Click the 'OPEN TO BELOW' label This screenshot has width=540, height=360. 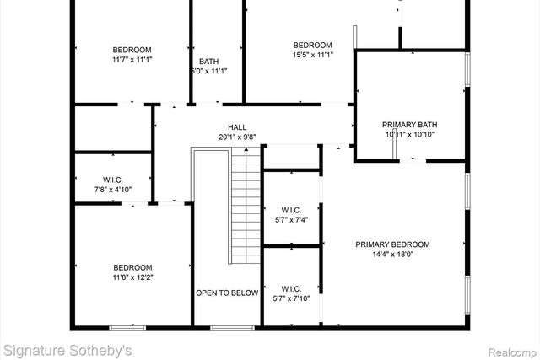pyautogui.click(x=227, y=293)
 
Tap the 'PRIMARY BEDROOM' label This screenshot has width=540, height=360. pyautogui.click(x=392, y=244)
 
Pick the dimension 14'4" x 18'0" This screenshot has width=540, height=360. pyautogui.click(x=392, y=255)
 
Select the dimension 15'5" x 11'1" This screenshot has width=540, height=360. pyautogui.click(x=312, y=56)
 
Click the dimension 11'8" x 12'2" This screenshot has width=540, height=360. pyautogui.click(x=133, y=277)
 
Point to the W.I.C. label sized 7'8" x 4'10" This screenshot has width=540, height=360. pyautogui.click(x=114, y=179)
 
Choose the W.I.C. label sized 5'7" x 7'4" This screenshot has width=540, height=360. pyautogui.click(x=291, y=210)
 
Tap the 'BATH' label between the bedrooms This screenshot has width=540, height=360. pyautogui.click(x=208, y=62)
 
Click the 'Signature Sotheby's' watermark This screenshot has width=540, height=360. pyautogui.click(x=67, y=348)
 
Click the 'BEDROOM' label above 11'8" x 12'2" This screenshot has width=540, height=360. pyautogui.click(x=133, y=267)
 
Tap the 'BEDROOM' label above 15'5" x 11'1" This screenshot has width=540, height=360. pyautogui.click(x=312, y=46)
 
